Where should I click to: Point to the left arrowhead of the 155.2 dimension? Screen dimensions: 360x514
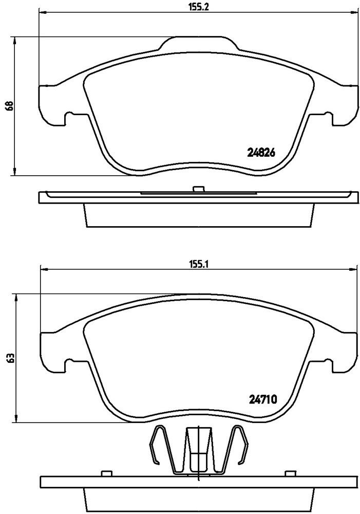(43, 13)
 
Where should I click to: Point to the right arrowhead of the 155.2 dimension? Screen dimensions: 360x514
(353, 13)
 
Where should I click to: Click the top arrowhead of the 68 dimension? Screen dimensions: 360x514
(15, 41)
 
